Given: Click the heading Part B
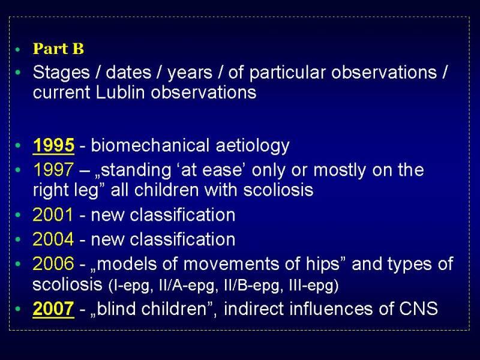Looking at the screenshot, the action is (58, 49).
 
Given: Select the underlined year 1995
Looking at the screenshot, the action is (53, 145).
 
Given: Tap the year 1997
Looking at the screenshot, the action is (53, 170).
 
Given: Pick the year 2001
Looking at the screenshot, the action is (53, 215).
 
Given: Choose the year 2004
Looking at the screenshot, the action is (53, 239).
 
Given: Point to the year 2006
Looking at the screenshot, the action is (53, 263).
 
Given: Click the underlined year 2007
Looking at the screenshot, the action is (53, 308).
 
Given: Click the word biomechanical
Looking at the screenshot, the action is (150, 145).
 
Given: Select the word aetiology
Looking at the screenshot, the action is (253, 146).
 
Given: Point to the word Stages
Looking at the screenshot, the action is (61, 73).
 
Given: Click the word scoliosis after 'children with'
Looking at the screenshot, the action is (278, 190).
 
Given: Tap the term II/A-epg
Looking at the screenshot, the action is (187, 286).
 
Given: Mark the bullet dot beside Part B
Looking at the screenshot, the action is (18, 49).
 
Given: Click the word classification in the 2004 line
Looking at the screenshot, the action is (182, 239).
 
